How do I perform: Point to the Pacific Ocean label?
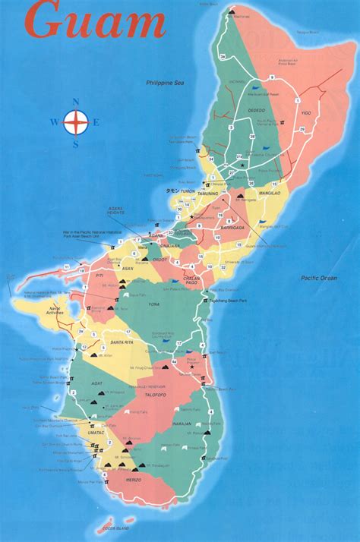tap(318, 278)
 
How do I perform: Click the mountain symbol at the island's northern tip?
tap(231, 11)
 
